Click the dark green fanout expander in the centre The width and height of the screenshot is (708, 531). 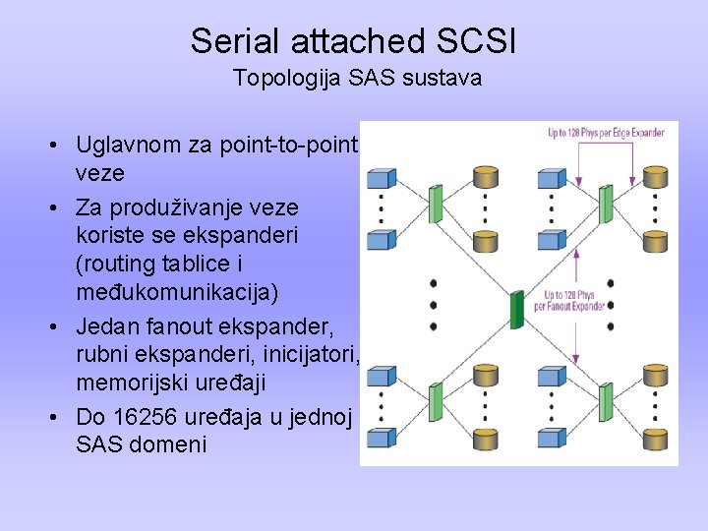[x=518, y=307]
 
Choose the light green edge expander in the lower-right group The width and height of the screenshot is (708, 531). [x=607, y=403]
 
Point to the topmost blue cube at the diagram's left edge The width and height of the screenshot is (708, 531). [x=380, y=178]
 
